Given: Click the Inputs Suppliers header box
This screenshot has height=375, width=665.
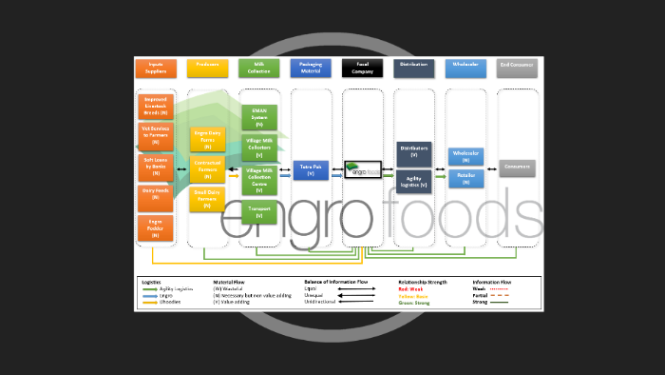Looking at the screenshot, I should coord(156,67).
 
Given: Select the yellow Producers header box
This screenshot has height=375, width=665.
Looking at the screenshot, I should coord(207,67).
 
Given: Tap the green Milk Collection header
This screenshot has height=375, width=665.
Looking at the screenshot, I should coord(258,67).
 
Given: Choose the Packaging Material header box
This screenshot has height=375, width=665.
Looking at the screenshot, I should coord(311,67).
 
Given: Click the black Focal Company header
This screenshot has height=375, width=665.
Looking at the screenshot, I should coord(362,67).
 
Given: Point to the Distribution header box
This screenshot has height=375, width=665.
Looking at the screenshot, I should coord(413,67).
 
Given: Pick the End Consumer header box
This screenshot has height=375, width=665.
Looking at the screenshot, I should coord(517,67).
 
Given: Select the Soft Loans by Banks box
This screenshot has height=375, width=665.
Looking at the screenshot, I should coord(156,168).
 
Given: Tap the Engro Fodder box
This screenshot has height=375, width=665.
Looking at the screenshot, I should coord(156,227).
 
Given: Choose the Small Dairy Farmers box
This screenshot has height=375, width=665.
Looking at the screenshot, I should coord(207,198).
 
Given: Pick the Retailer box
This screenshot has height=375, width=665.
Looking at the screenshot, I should coord(465,179).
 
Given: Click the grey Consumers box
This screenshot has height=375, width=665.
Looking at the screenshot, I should coord(517,168).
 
